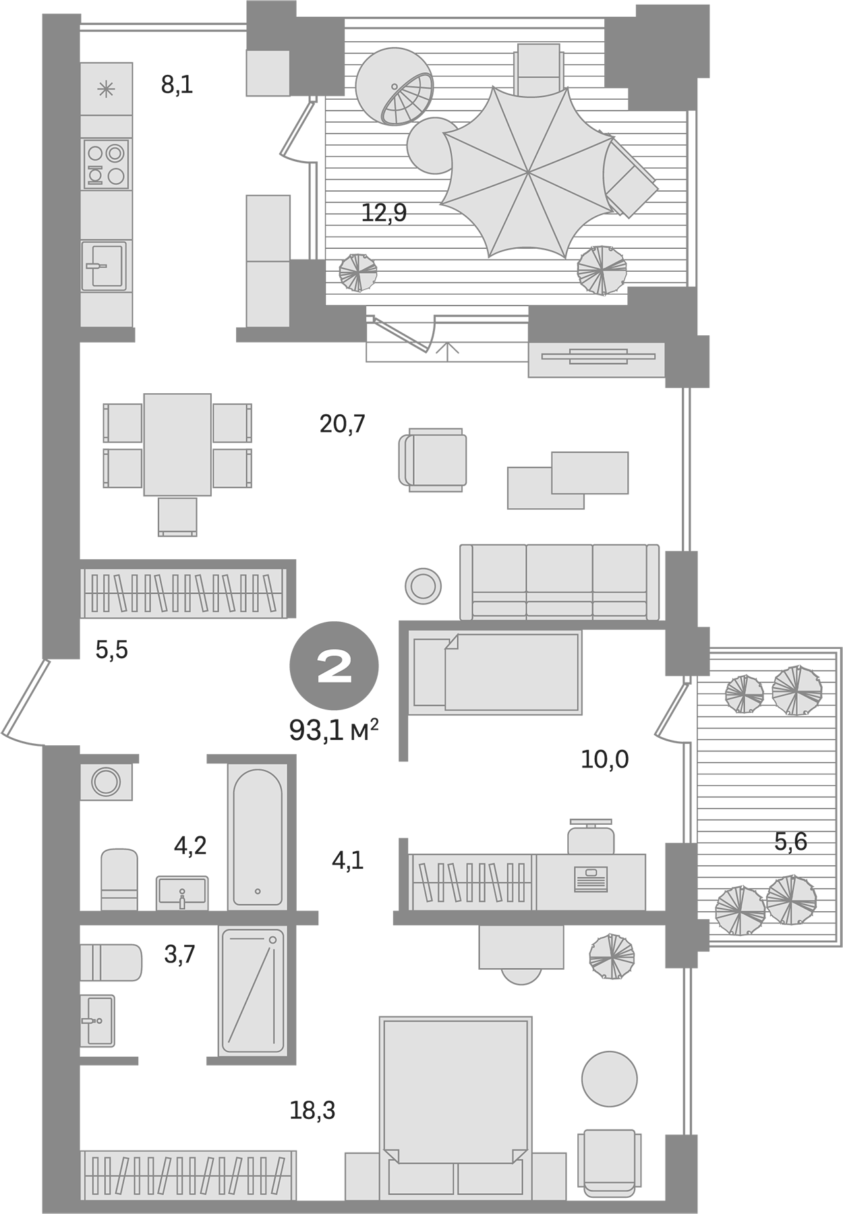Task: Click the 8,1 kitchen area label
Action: [x=177, y=85]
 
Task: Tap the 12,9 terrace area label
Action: [x=384, y=213]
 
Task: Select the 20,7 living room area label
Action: [x=342, y=424]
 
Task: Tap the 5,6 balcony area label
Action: [x=790, y=842]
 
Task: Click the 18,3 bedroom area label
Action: [x=312, y=1110]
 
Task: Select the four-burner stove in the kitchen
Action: [x=107, y=164]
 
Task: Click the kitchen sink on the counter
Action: [x=105, y=266]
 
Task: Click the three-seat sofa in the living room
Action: [x=559, y=581]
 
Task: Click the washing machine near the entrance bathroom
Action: [x=106, y=782]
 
